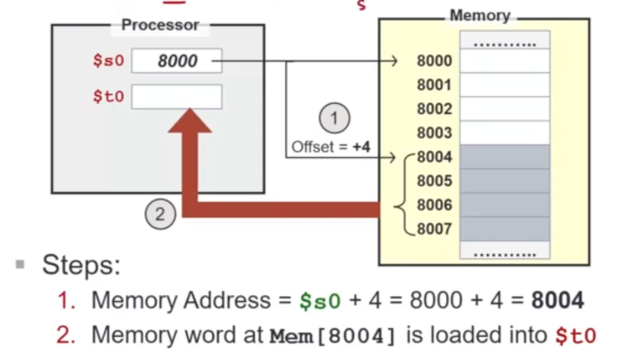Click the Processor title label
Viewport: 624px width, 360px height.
[160, 25]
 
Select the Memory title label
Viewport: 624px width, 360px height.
[479, 16]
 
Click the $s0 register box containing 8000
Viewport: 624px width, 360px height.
[177, 61]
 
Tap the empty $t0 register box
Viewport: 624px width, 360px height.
[177, 97]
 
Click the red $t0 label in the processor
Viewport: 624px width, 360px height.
[109, 97]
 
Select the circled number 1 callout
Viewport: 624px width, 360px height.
[335, 117]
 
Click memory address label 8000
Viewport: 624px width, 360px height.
[435, 61]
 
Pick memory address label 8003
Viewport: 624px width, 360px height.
[435, 133]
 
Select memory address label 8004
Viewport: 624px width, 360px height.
[435, 157]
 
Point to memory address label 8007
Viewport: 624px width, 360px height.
[435, 228]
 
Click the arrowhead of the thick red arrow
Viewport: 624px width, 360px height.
[189, 120]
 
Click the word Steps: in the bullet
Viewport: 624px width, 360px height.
[81, 265]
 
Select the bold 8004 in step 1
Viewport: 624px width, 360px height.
[557, 301]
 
